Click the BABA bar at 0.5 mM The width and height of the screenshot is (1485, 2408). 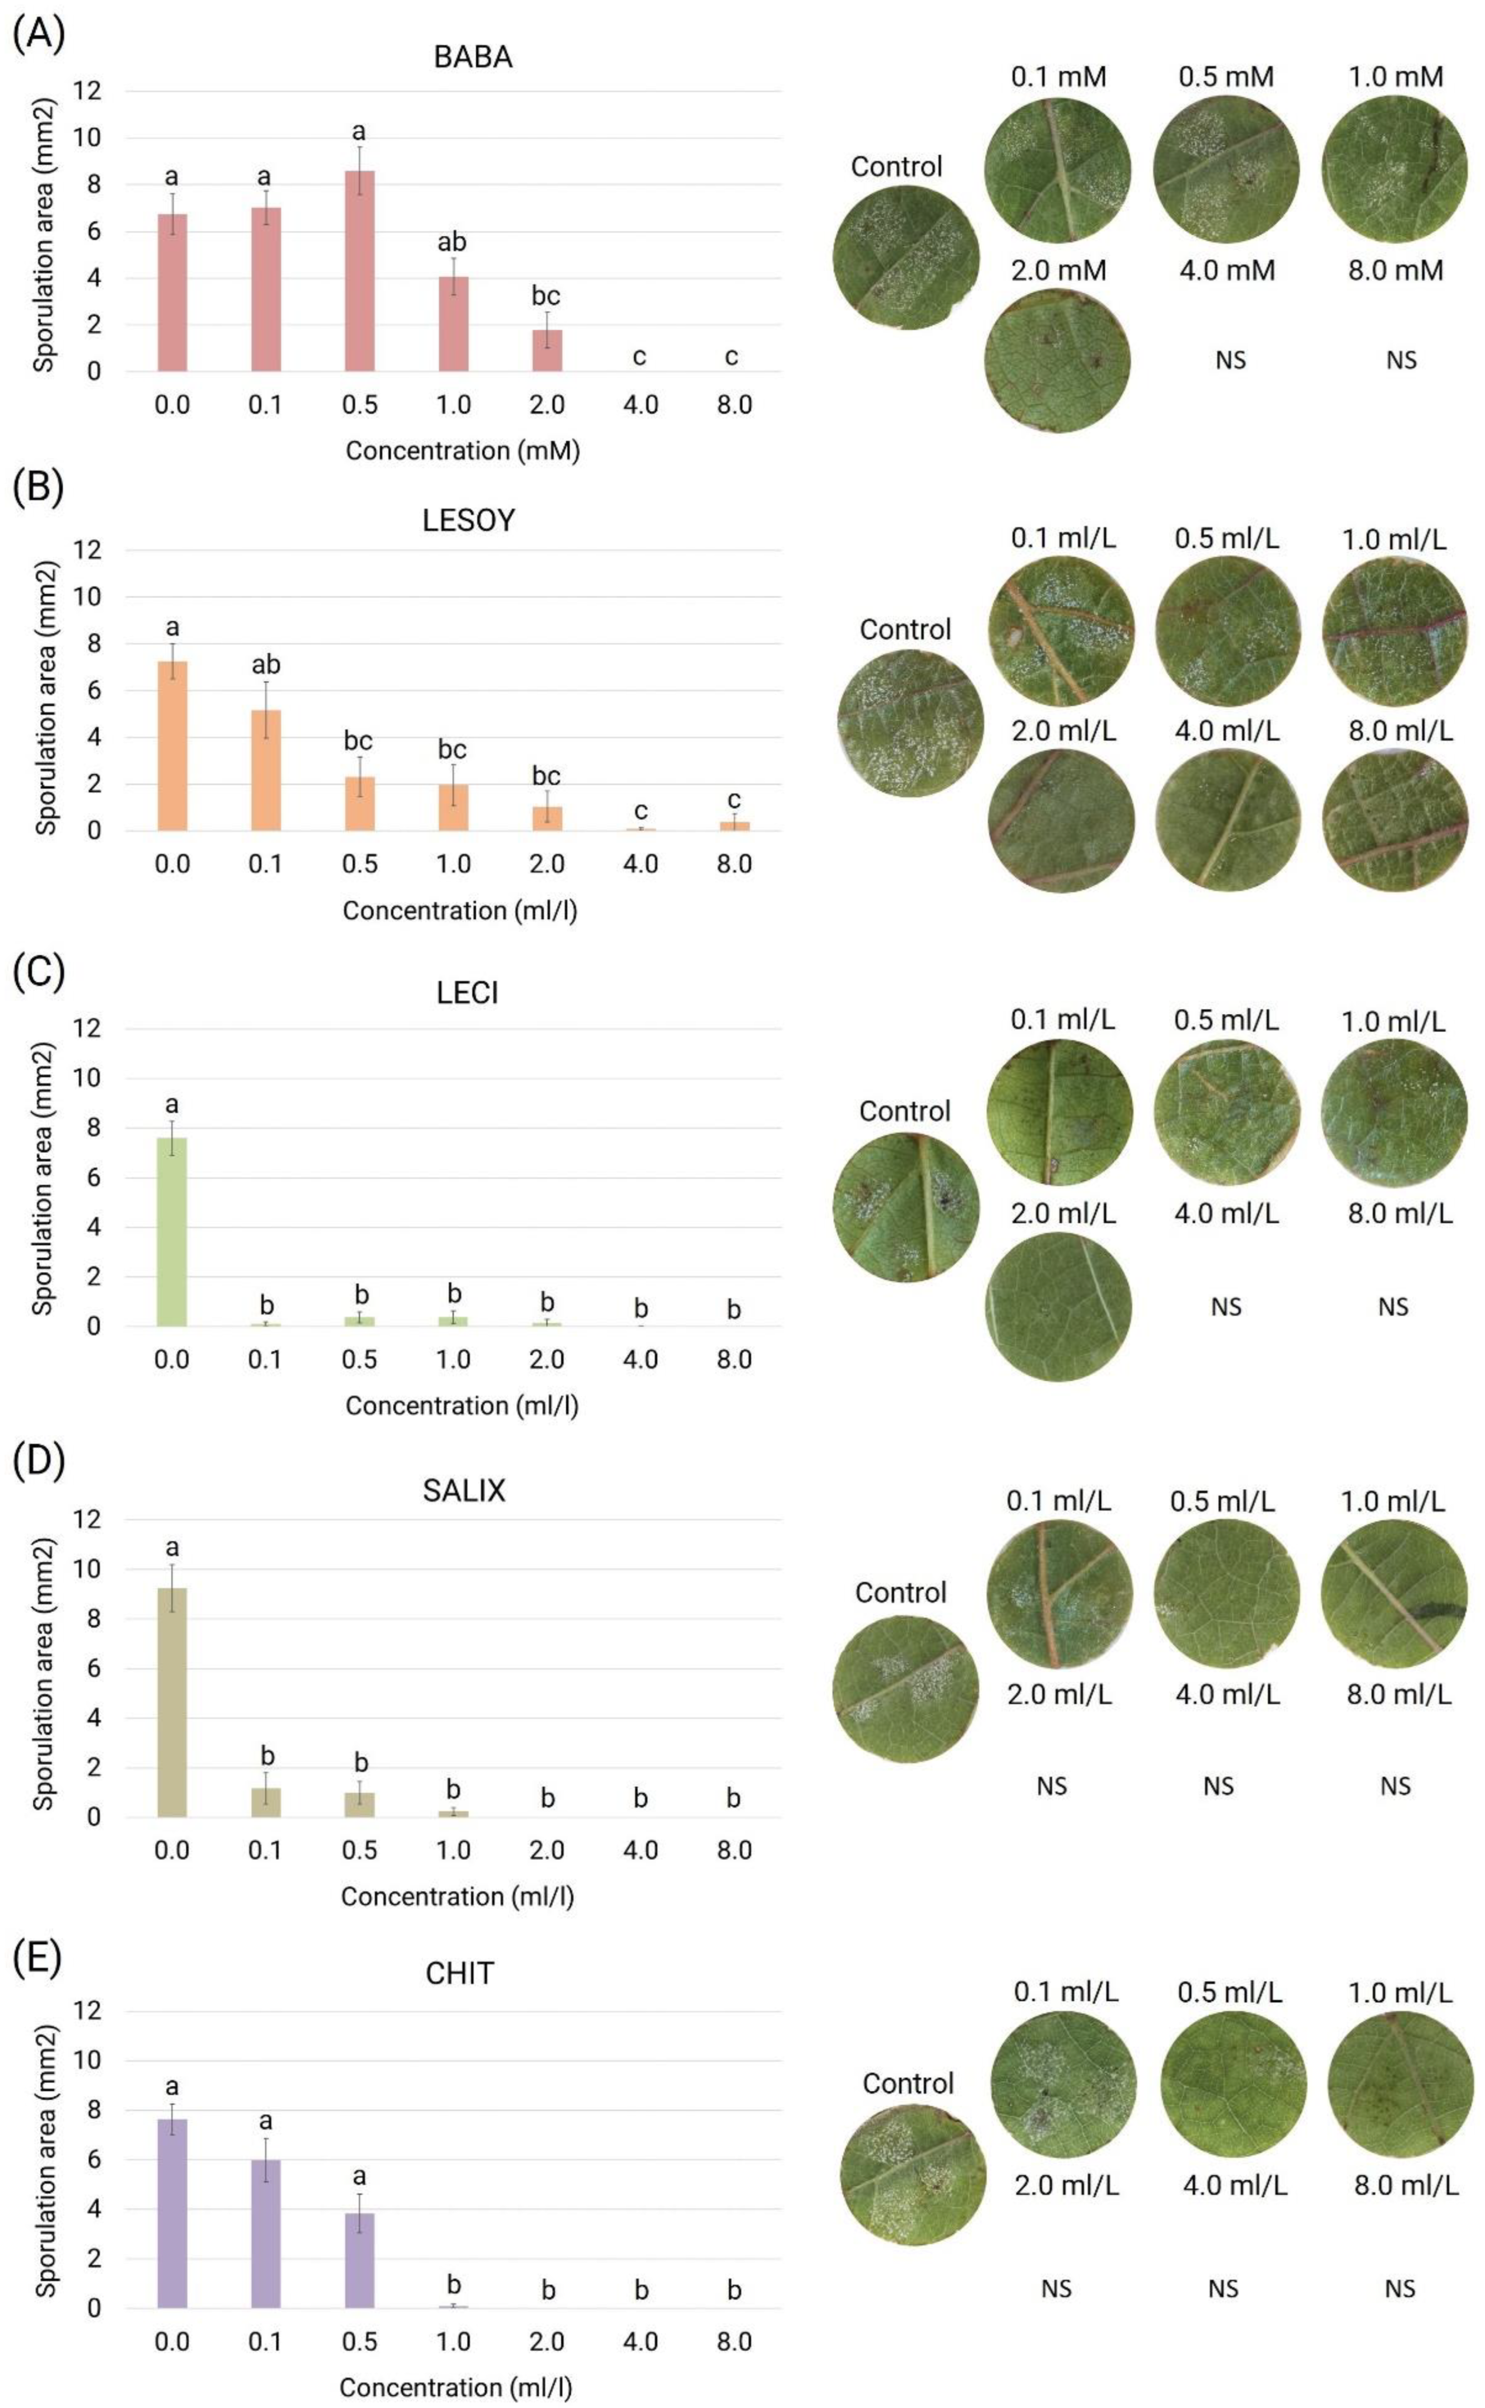359,271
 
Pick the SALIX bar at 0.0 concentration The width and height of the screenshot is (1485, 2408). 172,1702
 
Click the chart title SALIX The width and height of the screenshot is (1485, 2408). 463,1490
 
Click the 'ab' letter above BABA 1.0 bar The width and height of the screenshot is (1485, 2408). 452,242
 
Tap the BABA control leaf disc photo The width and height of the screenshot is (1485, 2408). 905,257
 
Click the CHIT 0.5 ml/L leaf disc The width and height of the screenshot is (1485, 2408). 1234,2083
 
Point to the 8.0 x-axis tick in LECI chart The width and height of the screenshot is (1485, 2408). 733,1360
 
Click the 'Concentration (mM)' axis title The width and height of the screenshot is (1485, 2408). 462,451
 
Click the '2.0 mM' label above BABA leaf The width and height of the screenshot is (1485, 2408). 1058,270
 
